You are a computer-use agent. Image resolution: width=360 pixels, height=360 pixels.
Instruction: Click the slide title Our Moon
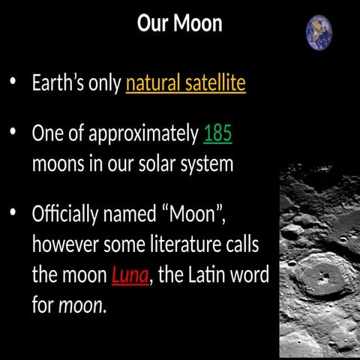pos(180,23)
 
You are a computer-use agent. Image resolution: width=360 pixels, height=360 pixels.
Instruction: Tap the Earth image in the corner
pos(319,33)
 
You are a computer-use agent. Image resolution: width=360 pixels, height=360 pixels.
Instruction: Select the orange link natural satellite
pos(185,82)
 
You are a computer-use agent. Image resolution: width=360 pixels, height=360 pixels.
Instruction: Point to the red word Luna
pos(131,275)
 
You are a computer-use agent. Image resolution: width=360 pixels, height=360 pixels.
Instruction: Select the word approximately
pos(143,134)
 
